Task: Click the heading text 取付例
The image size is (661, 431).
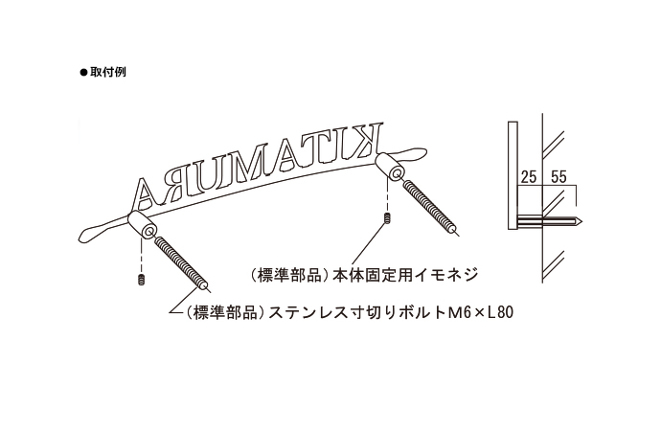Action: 107,72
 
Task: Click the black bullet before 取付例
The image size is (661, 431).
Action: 83,73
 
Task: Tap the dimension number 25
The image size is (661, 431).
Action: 529,177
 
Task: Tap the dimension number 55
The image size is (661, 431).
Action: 558,177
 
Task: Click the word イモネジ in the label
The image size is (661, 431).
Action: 446,275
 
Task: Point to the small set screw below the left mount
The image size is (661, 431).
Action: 141,280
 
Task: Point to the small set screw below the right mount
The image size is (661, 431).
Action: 386,218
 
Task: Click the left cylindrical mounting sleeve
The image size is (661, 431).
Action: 142,226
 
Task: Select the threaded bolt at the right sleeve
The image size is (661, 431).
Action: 430,207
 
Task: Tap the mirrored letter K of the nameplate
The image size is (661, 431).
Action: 366,139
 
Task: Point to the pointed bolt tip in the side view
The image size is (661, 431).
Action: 579,220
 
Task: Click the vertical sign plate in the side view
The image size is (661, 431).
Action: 513,175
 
